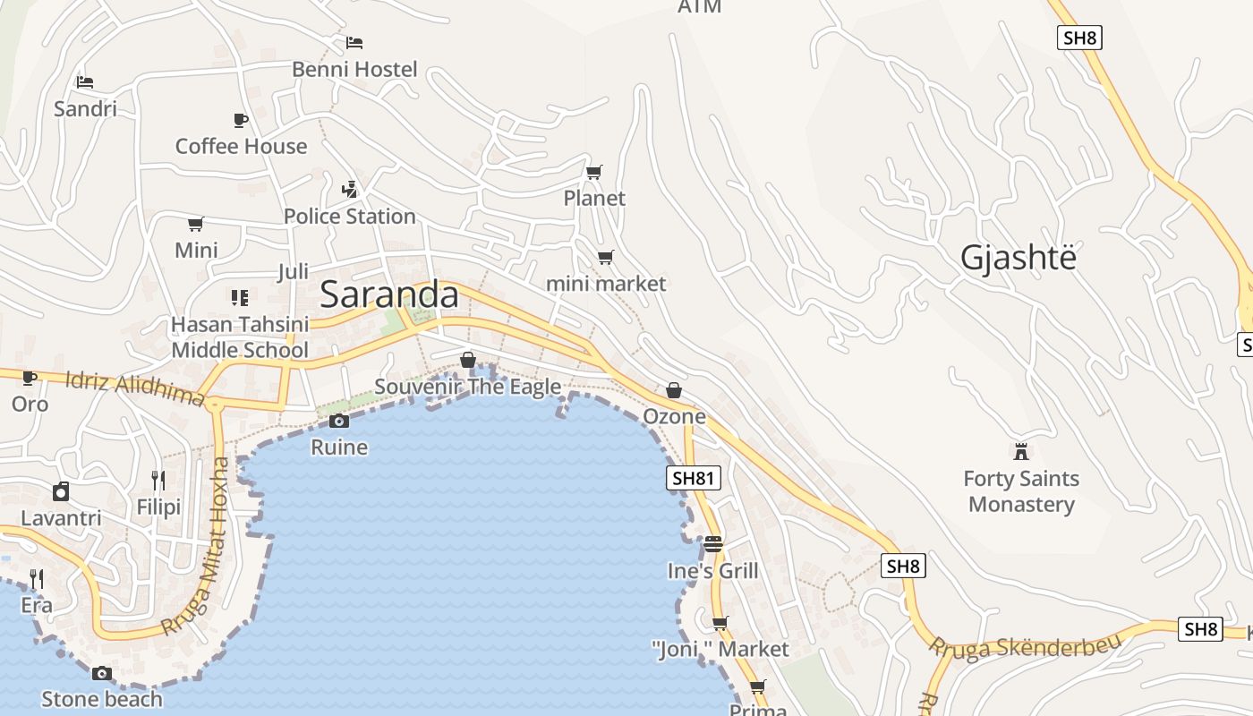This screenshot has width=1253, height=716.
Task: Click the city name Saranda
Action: point(388,294)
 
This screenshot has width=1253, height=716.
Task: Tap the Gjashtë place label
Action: point(1018,258)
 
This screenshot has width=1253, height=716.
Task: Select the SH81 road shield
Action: point(693,478)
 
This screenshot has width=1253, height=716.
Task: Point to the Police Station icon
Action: point(350,189)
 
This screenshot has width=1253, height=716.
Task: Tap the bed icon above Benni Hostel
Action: point(354,42)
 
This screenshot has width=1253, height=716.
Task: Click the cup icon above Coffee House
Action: point(240,119)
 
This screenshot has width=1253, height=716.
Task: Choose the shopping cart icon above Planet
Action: point(593,172)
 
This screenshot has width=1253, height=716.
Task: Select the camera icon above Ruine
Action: point(338,421)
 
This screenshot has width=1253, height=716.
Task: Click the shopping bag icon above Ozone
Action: point(674,390)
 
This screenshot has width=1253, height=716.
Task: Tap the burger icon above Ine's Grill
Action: point(712,543)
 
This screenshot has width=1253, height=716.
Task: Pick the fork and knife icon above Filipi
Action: point(158,481)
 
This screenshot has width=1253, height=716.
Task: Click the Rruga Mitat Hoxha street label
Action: point(201,546)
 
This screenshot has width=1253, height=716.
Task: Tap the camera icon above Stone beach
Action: point(102,673)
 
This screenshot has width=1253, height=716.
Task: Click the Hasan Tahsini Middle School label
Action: point(240,337)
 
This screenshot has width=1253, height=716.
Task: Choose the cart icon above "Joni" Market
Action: point(720,623)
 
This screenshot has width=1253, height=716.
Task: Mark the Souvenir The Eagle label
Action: point(467,387)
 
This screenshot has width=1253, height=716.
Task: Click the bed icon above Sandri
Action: point(85,82)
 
